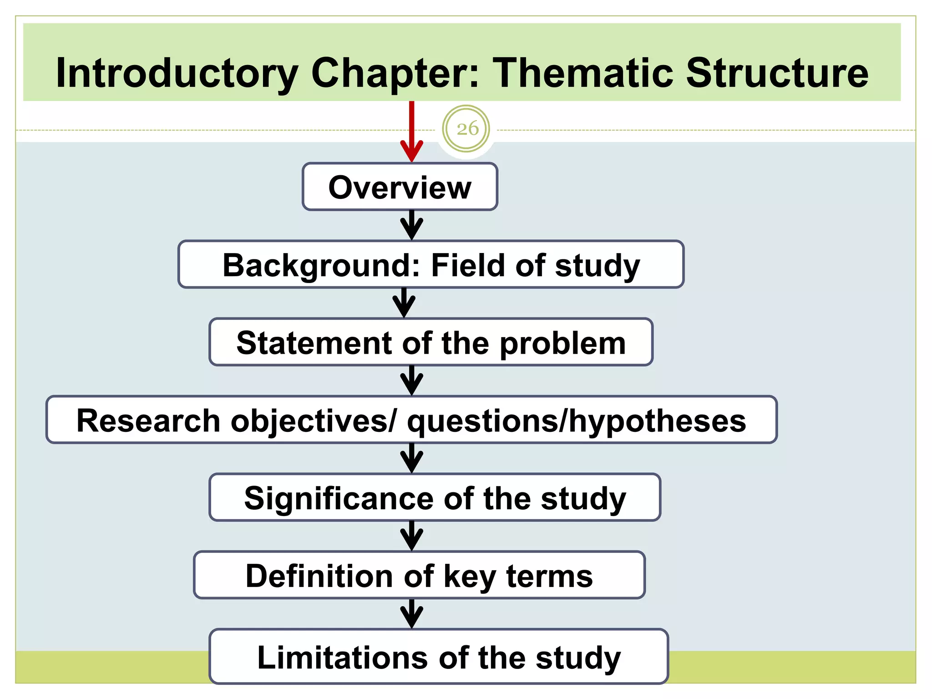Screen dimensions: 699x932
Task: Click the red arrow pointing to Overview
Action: (411, 132)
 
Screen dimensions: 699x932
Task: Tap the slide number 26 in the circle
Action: (467, 129)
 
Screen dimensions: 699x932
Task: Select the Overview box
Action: (400, 187)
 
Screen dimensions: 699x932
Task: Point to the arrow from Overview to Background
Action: (411, 225)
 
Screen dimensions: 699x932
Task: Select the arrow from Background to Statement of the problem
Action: (404, 303)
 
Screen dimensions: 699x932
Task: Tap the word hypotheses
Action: (658, 421)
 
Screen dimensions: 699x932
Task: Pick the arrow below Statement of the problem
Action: (411, 381)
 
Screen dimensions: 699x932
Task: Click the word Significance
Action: (339, 499)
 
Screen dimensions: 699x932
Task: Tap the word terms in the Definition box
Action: (549, 576)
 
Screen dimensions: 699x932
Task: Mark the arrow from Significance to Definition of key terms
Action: (411, 536)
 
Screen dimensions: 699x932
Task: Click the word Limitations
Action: (342, 658)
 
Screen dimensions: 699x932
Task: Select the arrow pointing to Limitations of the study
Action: (411, 614)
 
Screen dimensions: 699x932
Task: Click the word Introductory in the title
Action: (177, 74)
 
